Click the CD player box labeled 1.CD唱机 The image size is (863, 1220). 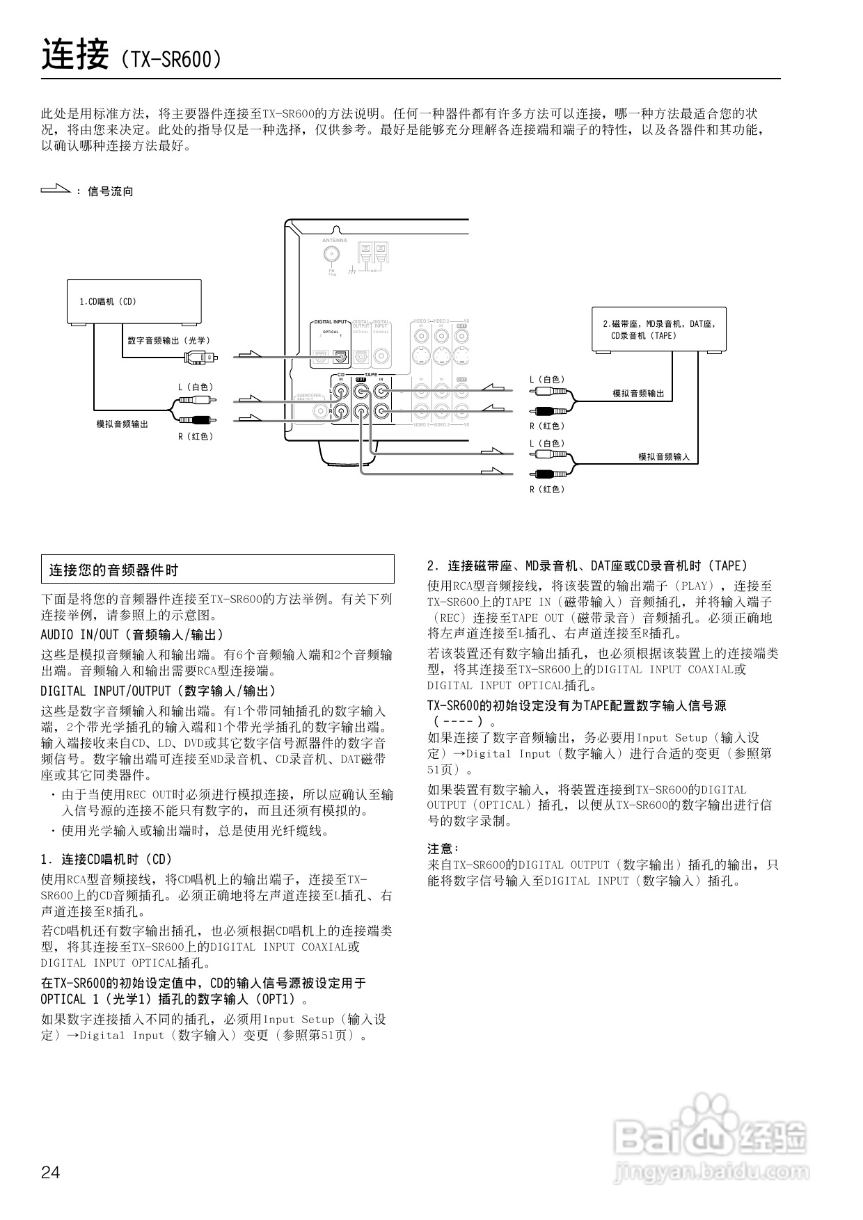(134, 301)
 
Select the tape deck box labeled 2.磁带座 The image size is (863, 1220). (658, 329)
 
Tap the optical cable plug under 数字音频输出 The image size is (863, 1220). (202, 358)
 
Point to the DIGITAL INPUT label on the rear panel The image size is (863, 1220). (330, 322)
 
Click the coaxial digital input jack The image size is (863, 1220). (381, 356)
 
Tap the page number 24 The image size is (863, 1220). (51, 1172)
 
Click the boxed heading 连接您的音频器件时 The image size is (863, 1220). (217, 570)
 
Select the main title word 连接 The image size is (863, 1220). (75, 56)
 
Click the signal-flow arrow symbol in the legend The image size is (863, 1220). (56, 188)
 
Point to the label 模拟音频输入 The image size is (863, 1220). (664, 456)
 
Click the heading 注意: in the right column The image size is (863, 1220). (443, 849)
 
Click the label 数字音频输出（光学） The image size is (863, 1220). (168, 340)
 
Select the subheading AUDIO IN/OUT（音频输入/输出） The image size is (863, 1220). (132, 634)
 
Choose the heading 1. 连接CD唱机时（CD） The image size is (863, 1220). (106, 859)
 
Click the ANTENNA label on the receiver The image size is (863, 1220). (334, 241)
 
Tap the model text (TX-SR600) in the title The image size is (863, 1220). (171, 60)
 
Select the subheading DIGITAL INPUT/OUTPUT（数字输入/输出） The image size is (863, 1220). (159, 691)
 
